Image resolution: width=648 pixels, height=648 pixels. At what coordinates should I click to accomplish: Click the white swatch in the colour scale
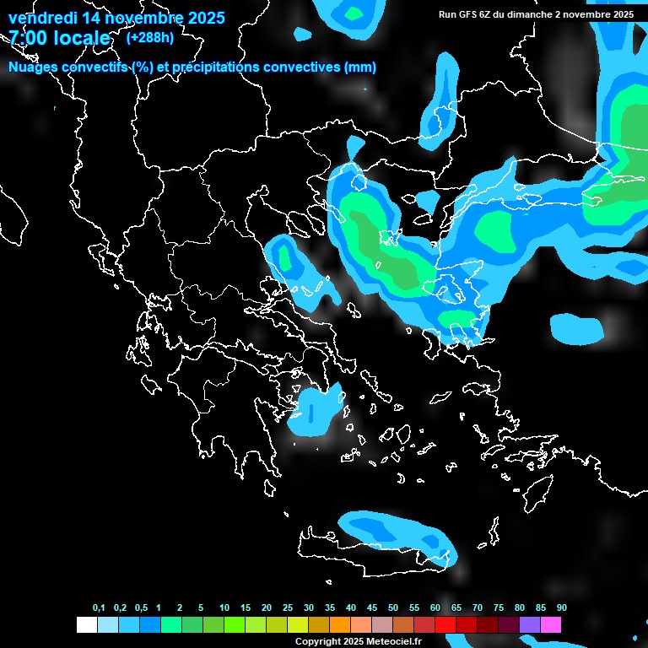coord(87,624)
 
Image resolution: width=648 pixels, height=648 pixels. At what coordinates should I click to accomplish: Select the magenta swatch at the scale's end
coord(551,624)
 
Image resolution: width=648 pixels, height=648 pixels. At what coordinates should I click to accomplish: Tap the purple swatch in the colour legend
coord(530,624)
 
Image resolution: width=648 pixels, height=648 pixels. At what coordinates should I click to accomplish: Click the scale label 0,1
coord(99,608)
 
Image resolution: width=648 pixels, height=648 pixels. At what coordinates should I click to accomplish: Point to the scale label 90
coord(562,608)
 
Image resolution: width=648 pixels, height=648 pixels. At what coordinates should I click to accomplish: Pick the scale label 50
coord(393,608)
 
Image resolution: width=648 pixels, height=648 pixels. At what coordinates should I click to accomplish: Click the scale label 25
coord(288,608)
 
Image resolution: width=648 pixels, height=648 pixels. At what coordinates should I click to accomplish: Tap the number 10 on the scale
coord(224,608)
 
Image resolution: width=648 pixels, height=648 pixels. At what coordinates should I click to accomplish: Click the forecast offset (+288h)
coord(149,38)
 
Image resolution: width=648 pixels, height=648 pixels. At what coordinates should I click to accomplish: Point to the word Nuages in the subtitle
coord(33,67)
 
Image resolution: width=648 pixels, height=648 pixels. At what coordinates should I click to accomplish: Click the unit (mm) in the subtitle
coord(360,67)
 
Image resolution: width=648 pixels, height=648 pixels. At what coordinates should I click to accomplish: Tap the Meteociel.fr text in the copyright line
coord(394,641)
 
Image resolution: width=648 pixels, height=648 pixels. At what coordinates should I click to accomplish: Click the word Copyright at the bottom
coord(318,641)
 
